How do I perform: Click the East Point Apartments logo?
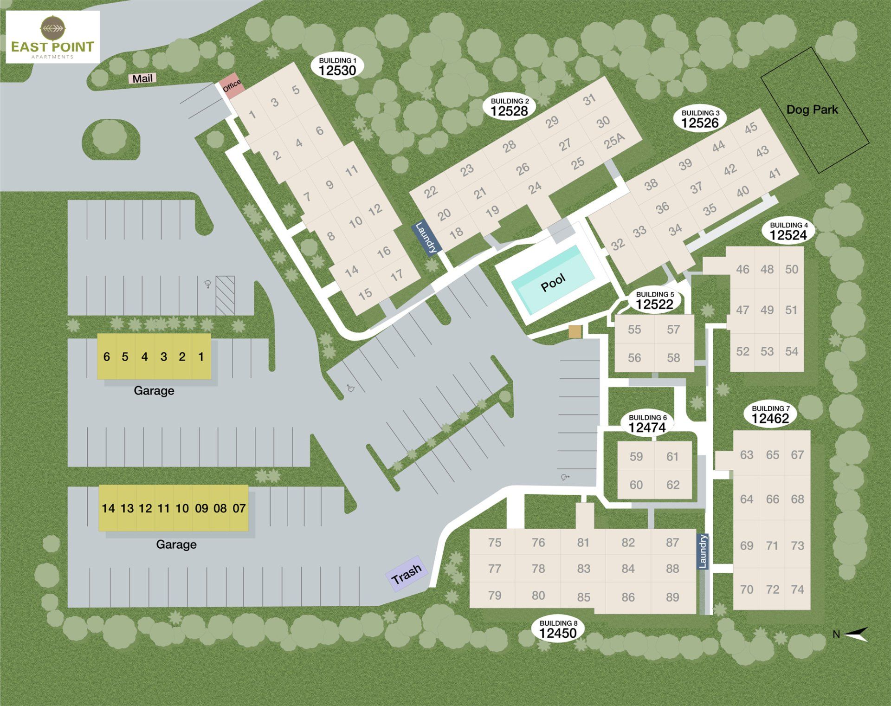(52, 37)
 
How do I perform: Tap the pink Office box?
(232, 85)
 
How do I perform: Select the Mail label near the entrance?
(142, 78)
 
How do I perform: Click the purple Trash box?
(407, 574)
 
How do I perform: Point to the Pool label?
(553, 282)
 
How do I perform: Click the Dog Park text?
(812, 110)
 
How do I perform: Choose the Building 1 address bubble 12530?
(337, 67)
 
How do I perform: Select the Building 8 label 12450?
(558, 629)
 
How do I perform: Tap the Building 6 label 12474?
(647, 424)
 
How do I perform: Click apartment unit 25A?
(614, 141)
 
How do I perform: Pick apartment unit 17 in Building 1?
(396, 275)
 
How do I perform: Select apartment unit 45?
(751, 128)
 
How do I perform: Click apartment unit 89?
(672, 597)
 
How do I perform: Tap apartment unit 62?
(673, 485)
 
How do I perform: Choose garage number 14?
(108, 508)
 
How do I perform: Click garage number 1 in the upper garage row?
(201, 356)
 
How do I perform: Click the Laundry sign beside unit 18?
(426, 238)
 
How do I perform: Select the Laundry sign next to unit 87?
(703, 551)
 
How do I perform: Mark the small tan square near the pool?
(575, 331)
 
